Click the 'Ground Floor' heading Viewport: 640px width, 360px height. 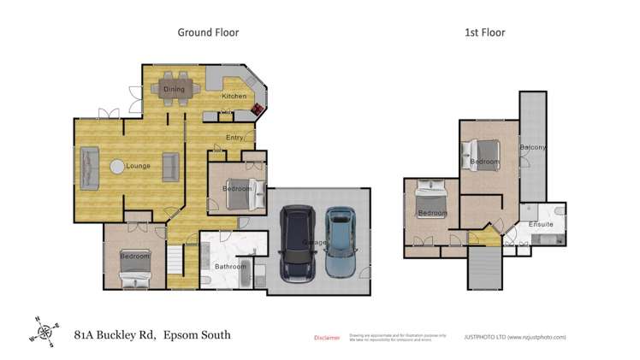(x=208, y=32)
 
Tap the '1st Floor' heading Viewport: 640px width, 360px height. (x=484, y=32)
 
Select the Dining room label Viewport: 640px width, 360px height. (x=174, y=88)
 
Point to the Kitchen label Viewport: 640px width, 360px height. (x=234, y=97)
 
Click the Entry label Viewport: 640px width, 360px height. (x=234, y=137)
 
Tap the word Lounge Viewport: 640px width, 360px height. (x=138, y=166)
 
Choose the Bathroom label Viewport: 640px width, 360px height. (x=230, y=266)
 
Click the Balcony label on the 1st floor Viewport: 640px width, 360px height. (x=532, y=148)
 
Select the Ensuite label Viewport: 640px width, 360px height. (x=541, y=224)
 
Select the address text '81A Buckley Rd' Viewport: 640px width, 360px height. (x=115, y=335)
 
